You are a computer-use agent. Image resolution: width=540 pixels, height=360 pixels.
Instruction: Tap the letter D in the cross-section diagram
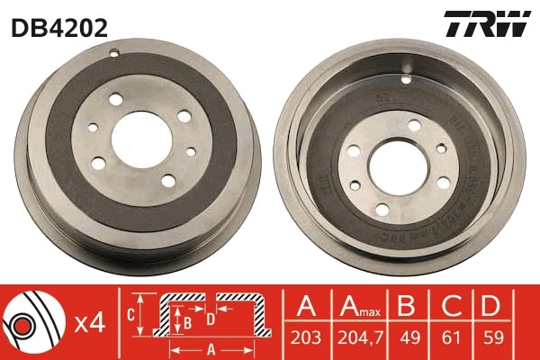click(x=209, y=317)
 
